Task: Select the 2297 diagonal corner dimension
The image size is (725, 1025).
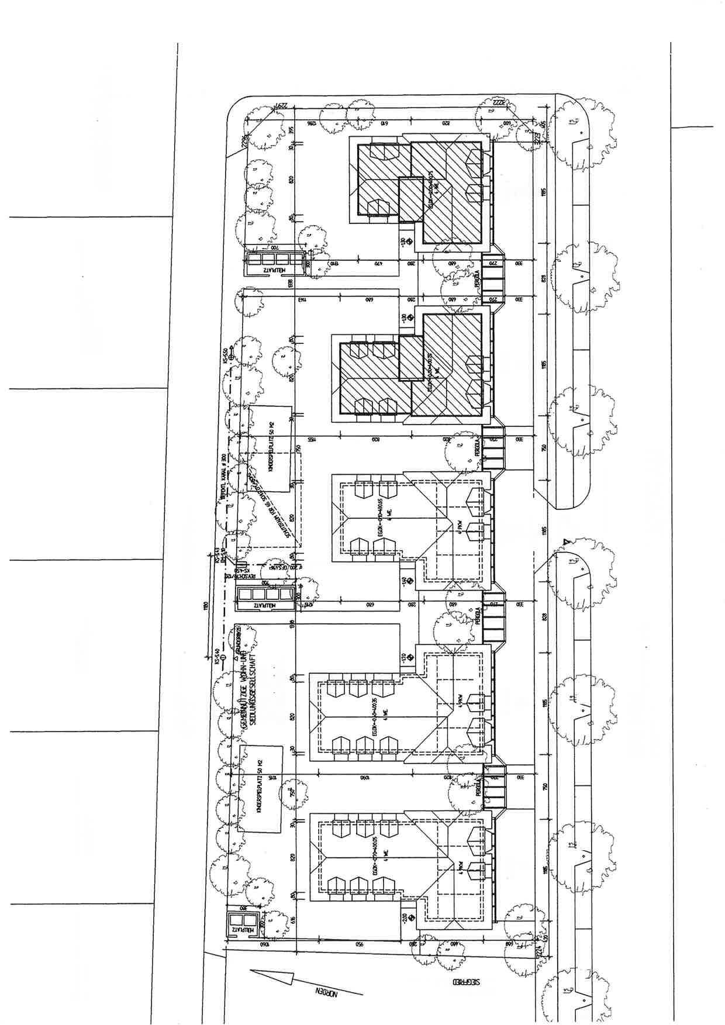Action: click(279, 109)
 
